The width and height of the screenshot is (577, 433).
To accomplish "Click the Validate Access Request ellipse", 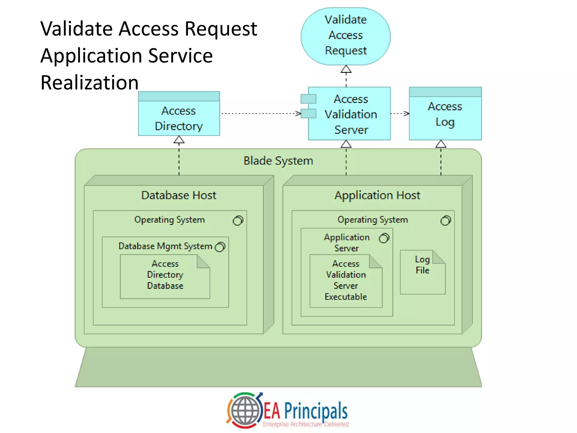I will point(346,36).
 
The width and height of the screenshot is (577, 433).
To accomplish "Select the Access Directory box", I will point(179,118).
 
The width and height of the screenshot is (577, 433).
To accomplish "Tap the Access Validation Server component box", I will point(350,114).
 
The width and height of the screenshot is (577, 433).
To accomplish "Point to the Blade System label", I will point(278,161).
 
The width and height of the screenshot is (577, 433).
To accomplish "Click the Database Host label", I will point(179,195).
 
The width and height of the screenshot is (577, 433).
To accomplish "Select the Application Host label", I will point(377,195).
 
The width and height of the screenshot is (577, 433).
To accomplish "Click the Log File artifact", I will point(422,272).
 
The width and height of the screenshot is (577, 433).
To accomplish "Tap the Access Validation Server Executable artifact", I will point(346,281).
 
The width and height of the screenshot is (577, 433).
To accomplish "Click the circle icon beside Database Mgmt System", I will point(220,247).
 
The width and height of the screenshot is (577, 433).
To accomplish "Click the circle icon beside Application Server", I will point(384,238).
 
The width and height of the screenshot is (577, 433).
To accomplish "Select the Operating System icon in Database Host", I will point(238,220).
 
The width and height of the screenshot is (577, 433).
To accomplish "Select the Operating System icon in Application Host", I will point(445,220).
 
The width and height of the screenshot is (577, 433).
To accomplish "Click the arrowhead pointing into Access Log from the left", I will point(407,114).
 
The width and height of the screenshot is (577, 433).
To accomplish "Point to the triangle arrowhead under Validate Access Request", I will point(346,69).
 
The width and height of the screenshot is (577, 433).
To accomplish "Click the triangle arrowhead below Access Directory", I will point(179,140).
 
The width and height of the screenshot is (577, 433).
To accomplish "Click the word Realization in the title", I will point(89,83).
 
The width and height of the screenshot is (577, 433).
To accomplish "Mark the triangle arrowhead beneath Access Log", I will point(441,144).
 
